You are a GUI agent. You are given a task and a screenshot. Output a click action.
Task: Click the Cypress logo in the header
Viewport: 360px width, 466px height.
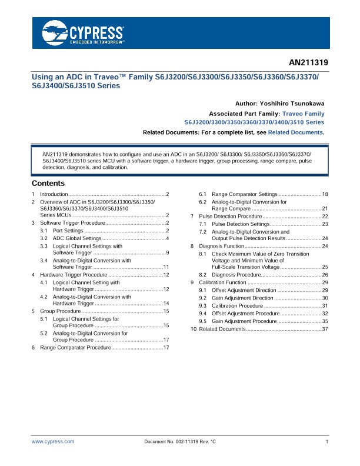[x=82, y=34]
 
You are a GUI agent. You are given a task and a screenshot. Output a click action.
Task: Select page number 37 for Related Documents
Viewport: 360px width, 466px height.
[x=325, y=329]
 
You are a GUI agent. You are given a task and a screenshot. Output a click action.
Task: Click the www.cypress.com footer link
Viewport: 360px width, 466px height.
[x=53, y=441]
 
